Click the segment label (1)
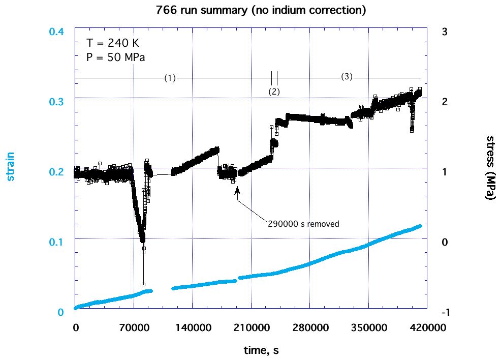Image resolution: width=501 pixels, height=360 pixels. pyautogui.click(x=170, y=78)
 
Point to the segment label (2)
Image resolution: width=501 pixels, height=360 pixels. pyautogui.click(x=274, y=92)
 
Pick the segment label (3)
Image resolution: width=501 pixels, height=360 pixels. pyautogui.click(x=346, y=77)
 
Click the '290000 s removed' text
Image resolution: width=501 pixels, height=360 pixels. pyautogui.click(x=303, y=223)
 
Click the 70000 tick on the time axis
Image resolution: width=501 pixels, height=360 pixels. pyautogui.click(x=134, y=328)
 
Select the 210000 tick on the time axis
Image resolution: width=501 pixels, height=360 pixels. pyautogui.click(x=251, y=328)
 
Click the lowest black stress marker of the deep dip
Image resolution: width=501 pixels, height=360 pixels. pyautogui.click(x=143, y=284)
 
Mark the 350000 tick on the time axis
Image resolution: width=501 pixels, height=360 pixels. pyautogui.click(x=368, y=328)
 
